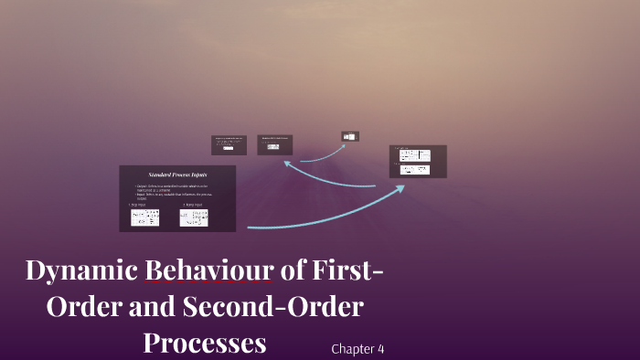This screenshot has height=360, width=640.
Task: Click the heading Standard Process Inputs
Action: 177,174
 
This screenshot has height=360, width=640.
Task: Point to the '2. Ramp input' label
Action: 193,205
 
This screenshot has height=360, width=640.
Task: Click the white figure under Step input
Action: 144,217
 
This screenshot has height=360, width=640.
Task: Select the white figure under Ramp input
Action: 194,217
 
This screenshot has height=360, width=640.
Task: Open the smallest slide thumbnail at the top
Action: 350,136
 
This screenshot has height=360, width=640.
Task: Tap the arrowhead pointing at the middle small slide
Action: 287,164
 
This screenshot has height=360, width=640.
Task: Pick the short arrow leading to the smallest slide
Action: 322,152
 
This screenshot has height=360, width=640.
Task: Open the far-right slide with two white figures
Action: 418,161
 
